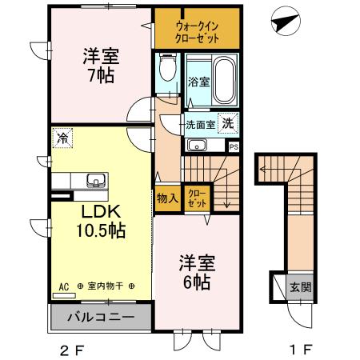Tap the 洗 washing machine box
[x=228, y=124]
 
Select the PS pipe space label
[x=234, y=146]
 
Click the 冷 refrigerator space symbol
[x=62, y=138]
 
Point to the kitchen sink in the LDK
[x=95, y=180]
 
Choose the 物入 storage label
[x=166, y=197]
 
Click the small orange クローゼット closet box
[x=195, y=198]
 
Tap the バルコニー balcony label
[x=101, y=318]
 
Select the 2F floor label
[x=70, y=350]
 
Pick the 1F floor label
[x=300, y=350]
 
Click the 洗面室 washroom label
[x=200, y=124]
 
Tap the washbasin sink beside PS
[x=197, y=146]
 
